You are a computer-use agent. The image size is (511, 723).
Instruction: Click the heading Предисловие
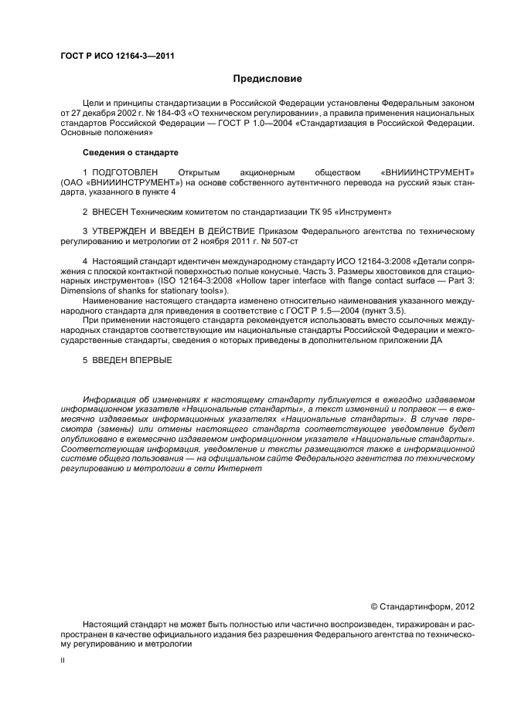tap(267, 79)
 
